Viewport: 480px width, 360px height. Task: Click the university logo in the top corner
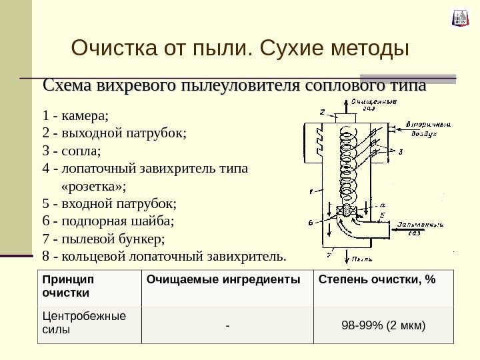(459, 19)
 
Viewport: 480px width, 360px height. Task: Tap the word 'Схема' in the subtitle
(67, 87)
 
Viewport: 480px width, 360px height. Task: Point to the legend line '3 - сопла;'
(75, 150)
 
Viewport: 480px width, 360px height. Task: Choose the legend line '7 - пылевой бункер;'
(102, 238)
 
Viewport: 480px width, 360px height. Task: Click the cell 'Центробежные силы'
(83, 322)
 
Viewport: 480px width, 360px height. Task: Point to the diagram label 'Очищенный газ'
(373, 105)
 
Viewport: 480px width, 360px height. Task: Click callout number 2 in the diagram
(322, 111)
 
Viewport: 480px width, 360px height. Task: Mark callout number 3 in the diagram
(401, 152)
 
